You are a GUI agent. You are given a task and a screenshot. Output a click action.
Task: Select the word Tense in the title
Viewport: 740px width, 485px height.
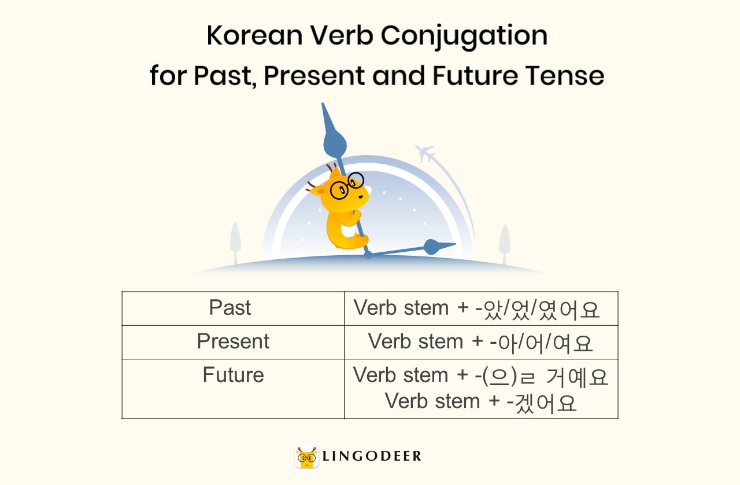pos(566,76)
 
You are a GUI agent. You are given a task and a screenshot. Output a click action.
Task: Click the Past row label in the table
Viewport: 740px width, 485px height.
pos(230,308)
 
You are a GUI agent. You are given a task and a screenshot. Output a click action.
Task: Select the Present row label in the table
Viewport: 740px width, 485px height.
pos(233,341)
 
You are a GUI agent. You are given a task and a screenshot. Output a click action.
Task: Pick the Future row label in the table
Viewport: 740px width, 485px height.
pos(233,375)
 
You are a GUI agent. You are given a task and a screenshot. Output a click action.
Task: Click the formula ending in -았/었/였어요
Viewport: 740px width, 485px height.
pos(477,308)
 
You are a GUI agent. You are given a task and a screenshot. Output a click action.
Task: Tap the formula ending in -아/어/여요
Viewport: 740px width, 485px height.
pos(480,341)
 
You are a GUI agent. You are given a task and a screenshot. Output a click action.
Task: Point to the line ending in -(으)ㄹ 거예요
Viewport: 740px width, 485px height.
pos(480,376)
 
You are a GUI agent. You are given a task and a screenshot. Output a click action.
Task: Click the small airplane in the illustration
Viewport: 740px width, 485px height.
pos(425,153)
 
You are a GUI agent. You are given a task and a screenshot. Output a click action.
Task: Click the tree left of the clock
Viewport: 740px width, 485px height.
pos(235,240)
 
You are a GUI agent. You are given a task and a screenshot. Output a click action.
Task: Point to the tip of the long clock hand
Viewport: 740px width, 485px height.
pos(324,106)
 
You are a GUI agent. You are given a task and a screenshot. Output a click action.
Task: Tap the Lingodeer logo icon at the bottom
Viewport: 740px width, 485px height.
pos(306,457)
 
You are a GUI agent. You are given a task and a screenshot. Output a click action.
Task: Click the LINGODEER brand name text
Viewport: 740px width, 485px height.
pos(372,457)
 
